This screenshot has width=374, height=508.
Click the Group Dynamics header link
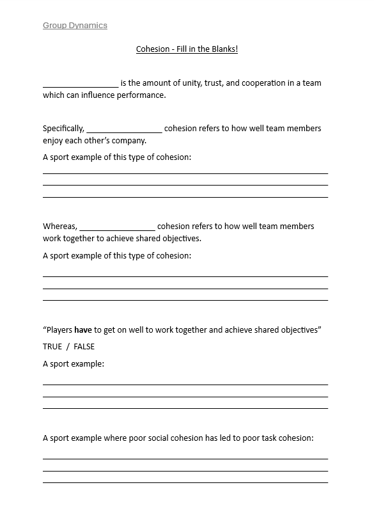point(75,26)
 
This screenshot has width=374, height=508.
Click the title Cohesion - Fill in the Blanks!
point(187,49)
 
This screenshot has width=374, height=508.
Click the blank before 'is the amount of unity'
point(81,84)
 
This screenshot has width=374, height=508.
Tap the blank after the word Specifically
point(124,129)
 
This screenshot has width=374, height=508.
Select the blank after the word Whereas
point(117,226)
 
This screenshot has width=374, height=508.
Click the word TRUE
point(52,347)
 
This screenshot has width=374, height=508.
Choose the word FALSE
point(84,347)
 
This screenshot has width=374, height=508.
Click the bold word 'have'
point(83,330)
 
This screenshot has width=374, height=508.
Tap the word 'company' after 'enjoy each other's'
point(129,140)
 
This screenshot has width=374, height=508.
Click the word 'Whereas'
point(60,226)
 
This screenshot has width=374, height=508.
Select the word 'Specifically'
point(63,129)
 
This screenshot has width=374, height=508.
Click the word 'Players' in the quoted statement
point(59,330)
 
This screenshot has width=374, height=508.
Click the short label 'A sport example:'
point(73,363)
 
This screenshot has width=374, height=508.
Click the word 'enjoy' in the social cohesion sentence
point(54,140)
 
